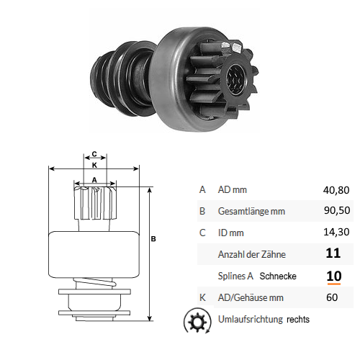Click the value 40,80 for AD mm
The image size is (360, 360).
(336, 190)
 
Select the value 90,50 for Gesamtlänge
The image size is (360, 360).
(337, 210)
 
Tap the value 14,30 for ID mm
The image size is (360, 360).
(336, 232)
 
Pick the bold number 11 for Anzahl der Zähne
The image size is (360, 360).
(333, 253)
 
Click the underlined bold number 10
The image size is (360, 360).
(334, 276)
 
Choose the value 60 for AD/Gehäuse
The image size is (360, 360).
(332, 297)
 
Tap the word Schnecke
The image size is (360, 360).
(278, 276)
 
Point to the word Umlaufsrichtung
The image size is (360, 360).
(251, 319)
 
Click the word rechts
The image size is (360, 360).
(298, 320)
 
